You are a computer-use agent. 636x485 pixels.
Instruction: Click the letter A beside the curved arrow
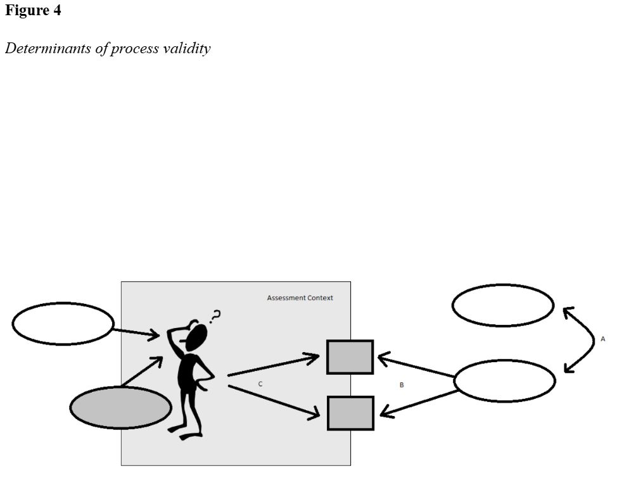pyautogui.click(x=602, y=339)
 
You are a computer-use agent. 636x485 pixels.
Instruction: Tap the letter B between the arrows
pyautogui.click(x=401, y=385)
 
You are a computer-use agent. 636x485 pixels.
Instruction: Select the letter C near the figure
pyautogui.click(x=260, y=384)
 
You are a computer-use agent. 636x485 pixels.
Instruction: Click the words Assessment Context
pyautogui.click(x=300, y=298)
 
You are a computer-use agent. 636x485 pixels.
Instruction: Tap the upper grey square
pyautogui.click(x=350, y=356)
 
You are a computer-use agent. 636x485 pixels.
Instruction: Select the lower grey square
pyautogui.click(x=350, y=413)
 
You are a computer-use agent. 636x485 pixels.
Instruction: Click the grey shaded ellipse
pyautogui.click(x=120, y=407)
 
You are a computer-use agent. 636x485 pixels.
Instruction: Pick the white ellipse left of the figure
pyautogui.click(x=63, y=324)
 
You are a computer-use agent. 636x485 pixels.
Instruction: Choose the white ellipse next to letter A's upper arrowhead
pyautogui.click(x=503, y=305)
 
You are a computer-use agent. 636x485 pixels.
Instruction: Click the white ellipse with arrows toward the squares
pyautogui.click(x=504, y=381)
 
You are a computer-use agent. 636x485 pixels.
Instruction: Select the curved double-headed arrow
pyautogui.click(x=586, y=339)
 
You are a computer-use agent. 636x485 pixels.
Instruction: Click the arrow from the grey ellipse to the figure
pyautogui.click(x=142, y=372)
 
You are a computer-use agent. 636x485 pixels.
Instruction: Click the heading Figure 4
pyautogui.click(x=33, y=11)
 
